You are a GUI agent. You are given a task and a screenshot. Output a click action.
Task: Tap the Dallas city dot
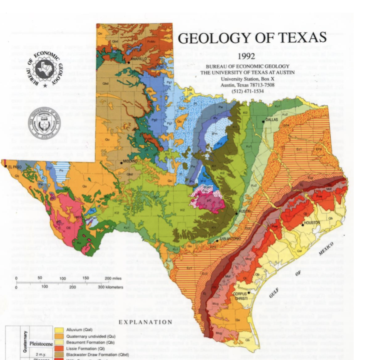click(263, 122)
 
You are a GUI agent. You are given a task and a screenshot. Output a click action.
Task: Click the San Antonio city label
click(230, 239)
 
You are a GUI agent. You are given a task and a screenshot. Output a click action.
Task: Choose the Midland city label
click(130, 162)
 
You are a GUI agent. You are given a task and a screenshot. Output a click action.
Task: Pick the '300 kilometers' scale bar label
click(110, 287)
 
